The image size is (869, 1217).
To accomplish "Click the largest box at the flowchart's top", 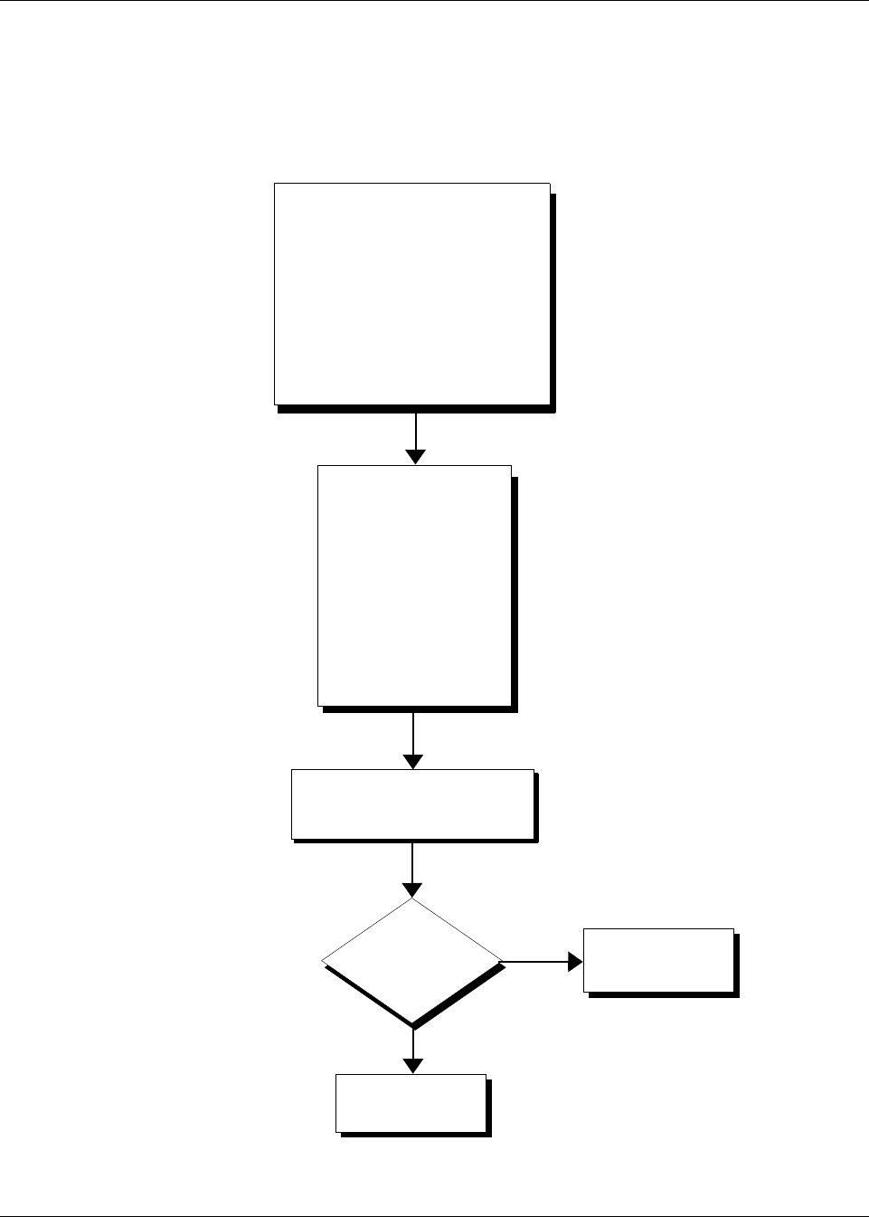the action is [412, 293].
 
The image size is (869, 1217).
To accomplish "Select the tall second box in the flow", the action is [414, 585].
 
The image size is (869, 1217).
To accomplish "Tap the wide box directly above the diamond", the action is [412, 803].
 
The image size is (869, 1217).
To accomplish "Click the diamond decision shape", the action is [411, 960].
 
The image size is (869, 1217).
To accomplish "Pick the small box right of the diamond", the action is [657, 959].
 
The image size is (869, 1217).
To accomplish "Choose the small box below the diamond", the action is [411, 1102].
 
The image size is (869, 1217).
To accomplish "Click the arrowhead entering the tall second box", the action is [415, 457].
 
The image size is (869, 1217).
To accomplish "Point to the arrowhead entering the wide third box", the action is [413, 761].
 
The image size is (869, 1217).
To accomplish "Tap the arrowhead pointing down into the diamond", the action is [412, 889].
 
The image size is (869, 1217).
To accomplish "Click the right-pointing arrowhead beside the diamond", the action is [575, 961].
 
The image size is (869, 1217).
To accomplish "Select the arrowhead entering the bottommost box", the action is [413, 1066].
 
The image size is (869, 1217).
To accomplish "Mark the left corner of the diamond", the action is [323, 961].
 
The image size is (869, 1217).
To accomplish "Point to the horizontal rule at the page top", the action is [434, 1].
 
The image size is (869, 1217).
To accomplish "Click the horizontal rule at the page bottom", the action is [434, 1215].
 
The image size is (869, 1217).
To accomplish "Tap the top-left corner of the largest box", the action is [275, 184].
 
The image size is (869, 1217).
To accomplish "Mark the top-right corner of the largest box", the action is [550, 184].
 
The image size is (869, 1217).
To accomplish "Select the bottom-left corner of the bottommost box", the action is [336, 1131].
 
